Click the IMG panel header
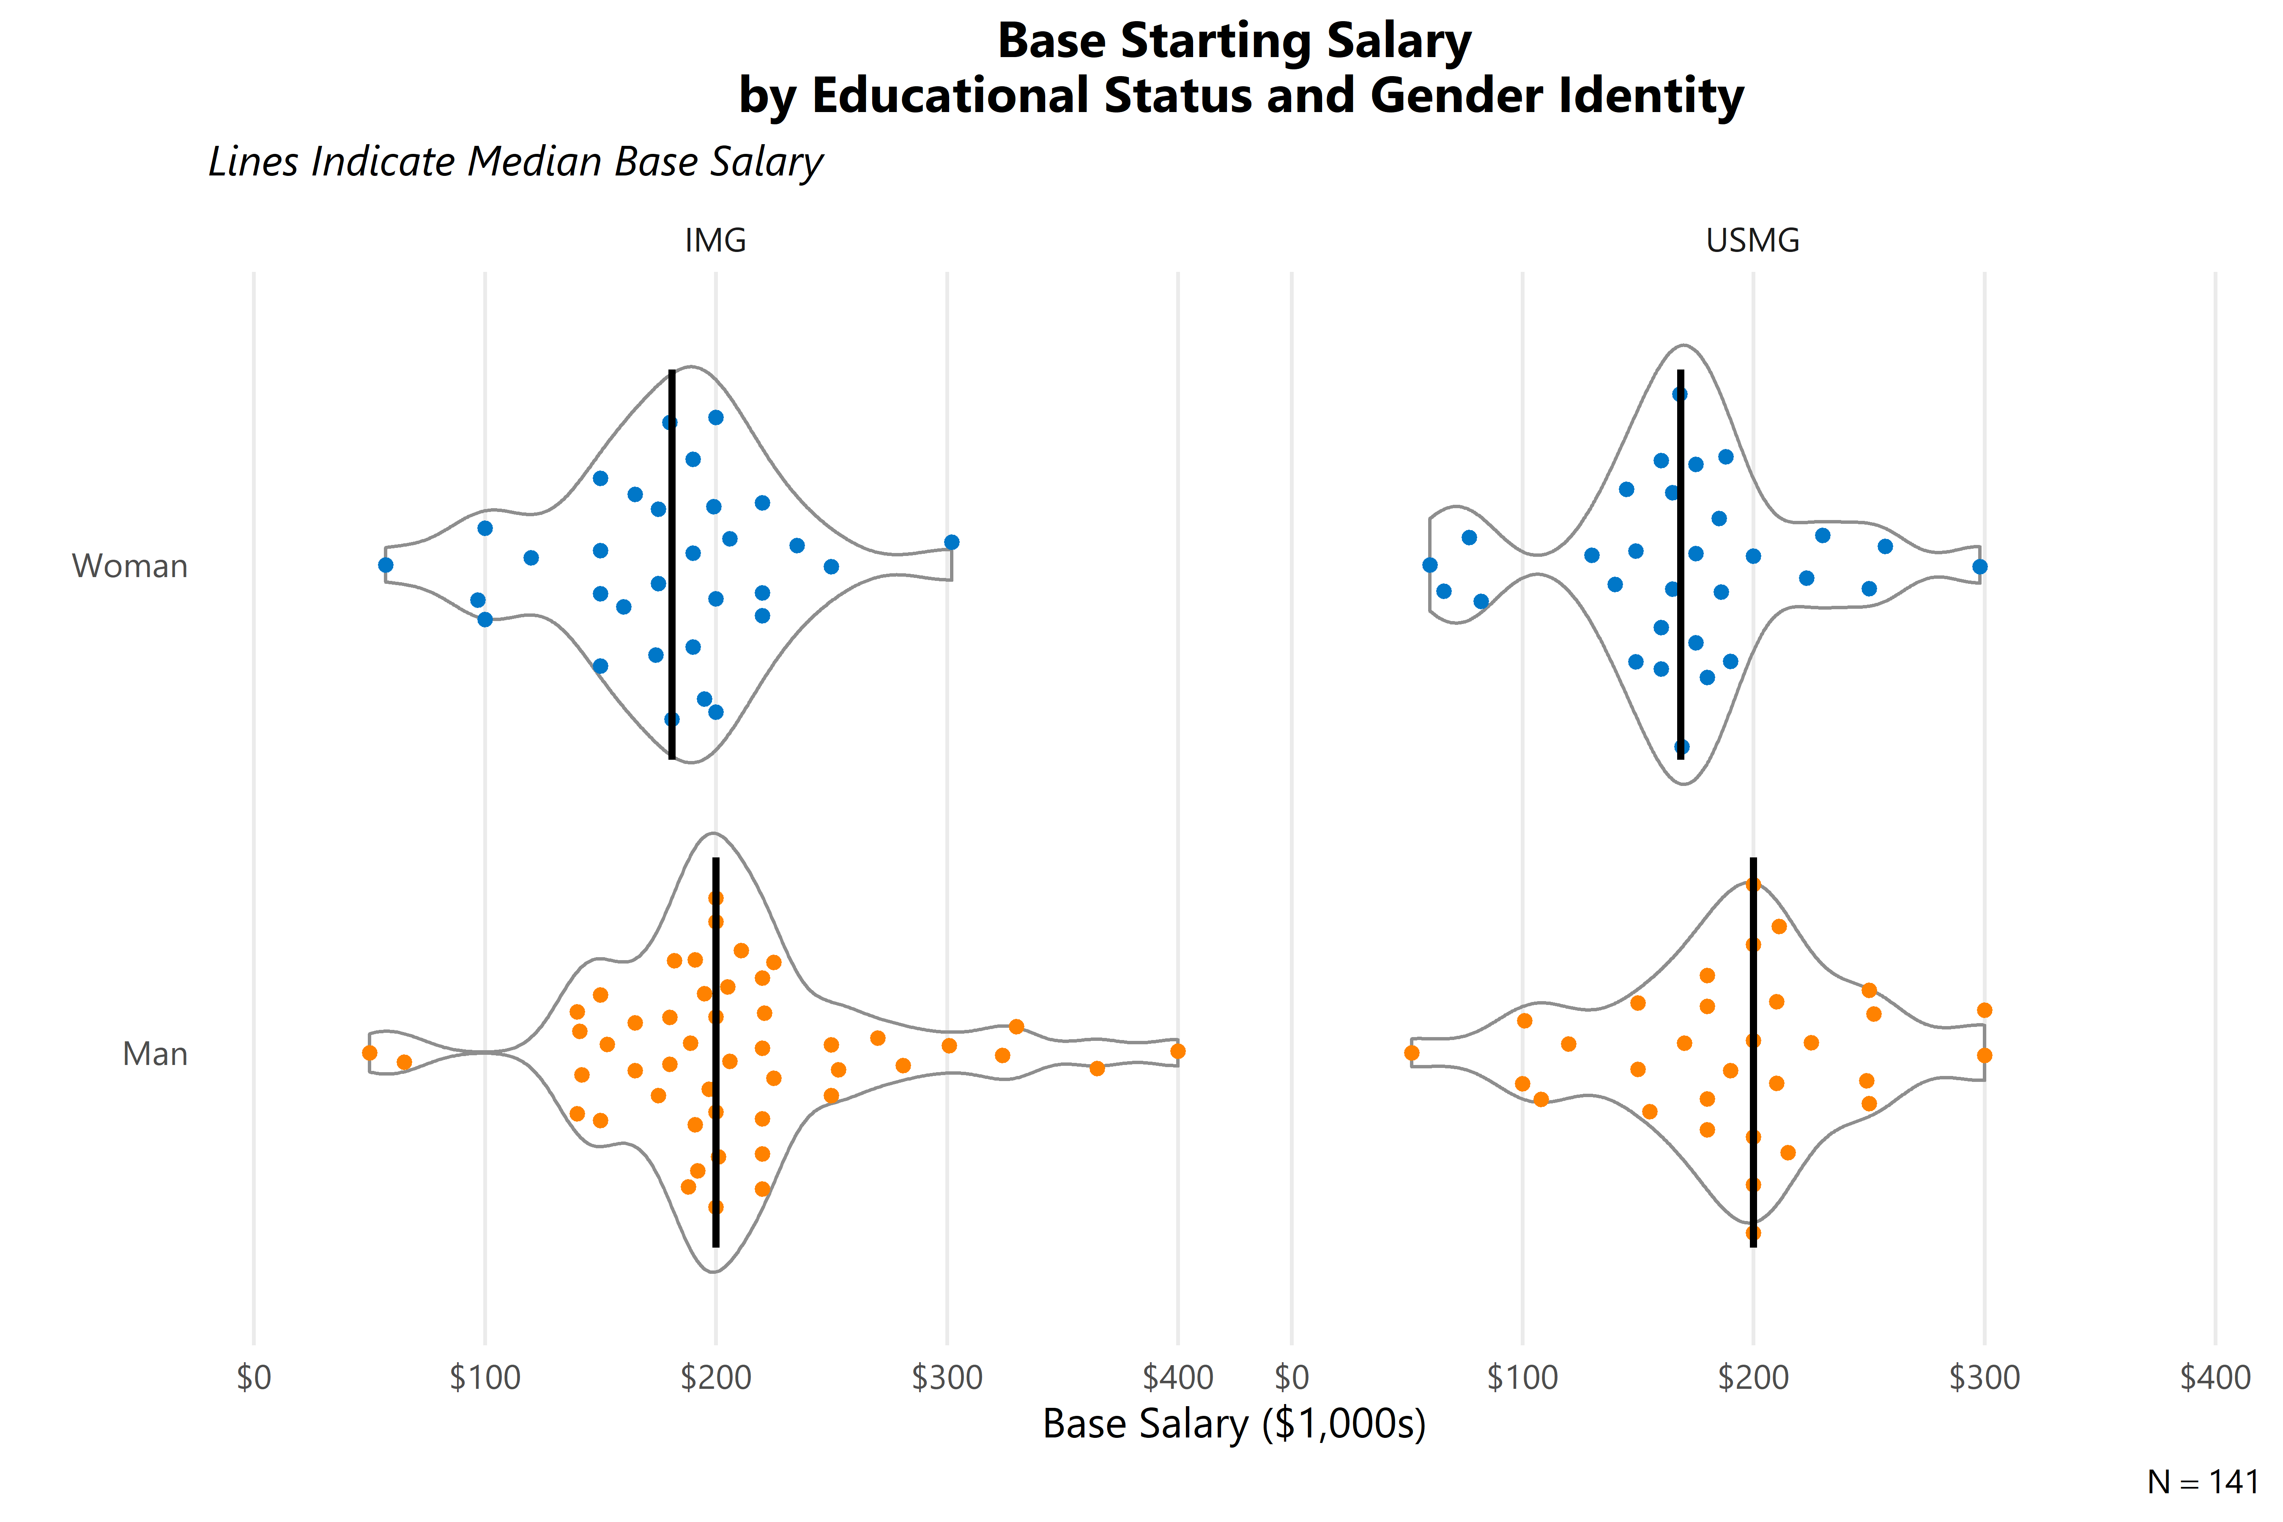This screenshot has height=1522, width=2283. (715, 240)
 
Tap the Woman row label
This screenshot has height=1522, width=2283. (130, 566)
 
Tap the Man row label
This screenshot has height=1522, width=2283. (155, 1053)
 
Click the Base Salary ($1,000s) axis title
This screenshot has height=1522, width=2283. (1234, 1424)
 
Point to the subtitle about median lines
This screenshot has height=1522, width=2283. (515, 161)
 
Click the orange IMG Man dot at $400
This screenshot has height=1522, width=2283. (1177, 1051)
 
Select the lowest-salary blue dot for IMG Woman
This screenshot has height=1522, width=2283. (385, 565)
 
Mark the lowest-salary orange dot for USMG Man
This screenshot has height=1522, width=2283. (1411, 1053)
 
